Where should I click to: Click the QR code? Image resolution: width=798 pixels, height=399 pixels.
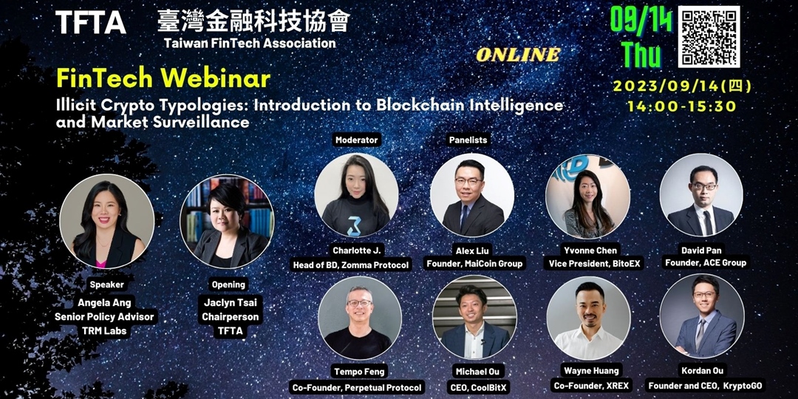709,37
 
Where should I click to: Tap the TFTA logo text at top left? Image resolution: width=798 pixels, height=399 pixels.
91,22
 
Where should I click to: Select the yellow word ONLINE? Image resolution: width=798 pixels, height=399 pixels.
518,55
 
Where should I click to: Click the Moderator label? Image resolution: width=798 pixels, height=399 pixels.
357,140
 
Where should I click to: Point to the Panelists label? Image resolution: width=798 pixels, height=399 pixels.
468,140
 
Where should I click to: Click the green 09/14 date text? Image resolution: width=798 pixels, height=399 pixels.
641,21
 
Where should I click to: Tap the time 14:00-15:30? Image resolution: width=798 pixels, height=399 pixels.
682,106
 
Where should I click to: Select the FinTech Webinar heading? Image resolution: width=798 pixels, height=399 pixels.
163,79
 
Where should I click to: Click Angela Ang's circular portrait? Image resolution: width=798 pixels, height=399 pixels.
107,222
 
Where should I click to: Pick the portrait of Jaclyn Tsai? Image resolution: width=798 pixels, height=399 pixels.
227,222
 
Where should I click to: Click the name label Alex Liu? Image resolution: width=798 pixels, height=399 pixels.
472,250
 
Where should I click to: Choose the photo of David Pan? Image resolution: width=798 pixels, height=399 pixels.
701,195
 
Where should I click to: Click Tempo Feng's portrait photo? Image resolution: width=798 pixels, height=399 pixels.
360,318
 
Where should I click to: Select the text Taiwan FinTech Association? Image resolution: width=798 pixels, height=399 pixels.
250,43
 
